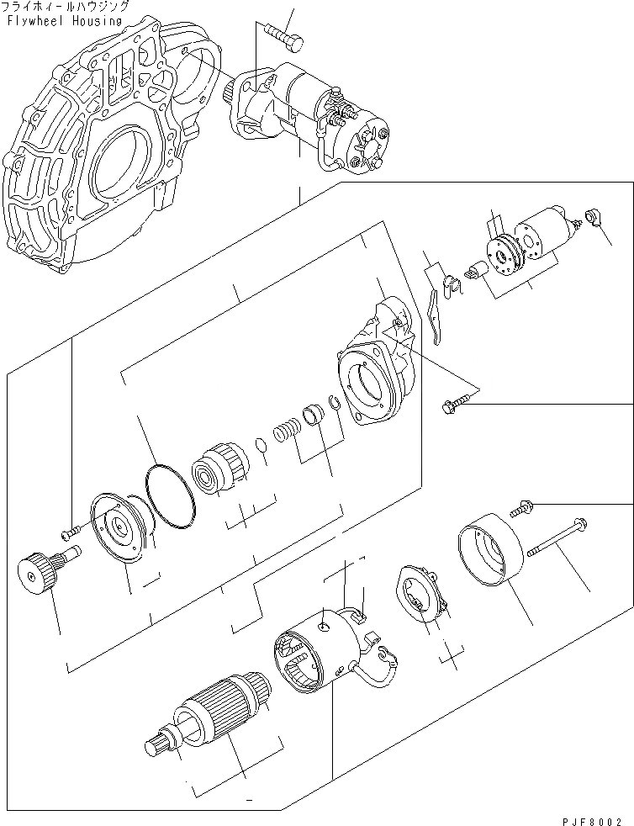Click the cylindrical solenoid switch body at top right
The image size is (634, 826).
(544, 233)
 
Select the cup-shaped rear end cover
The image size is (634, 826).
(489, 552)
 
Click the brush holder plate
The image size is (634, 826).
(421, 596)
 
